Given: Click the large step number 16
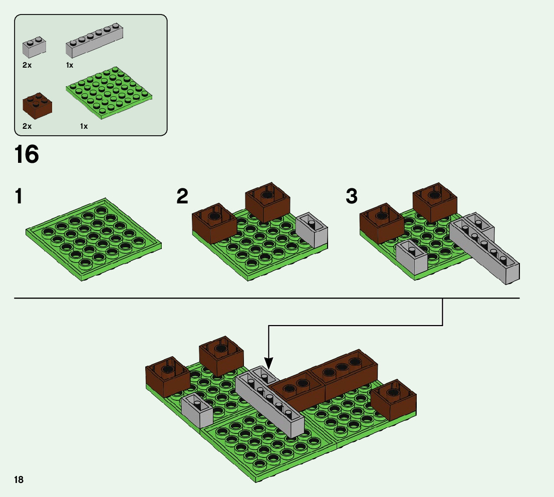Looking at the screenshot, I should [27, 154].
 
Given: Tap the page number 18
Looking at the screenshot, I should [19, 480].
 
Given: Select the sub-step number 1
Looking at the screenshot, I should [19, 196].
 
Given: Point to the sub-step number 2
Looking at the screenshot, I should [182, 196].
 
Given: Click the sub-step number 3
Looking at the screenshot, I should [352, 196].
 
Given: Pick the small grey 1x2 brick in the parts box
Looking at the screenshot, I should [35, 48].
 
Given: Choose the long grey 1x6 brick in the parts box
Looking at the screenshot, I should [95, 41].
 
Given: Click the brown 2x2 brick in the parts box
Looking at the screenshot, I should [37, 104].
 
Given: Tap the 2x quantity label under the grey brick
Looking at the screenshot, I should [27, 65].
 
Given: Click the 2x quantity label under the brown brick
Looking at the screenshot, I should [27, 126].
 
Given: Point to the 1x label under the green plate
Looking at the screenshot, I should [84, 126].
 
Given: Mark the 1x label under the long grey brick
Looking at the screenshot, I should [70, 65].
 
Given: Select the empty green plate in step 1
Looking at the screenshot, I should [94, 238].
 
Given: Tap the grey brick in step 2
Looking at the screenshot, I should [312, 230].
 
